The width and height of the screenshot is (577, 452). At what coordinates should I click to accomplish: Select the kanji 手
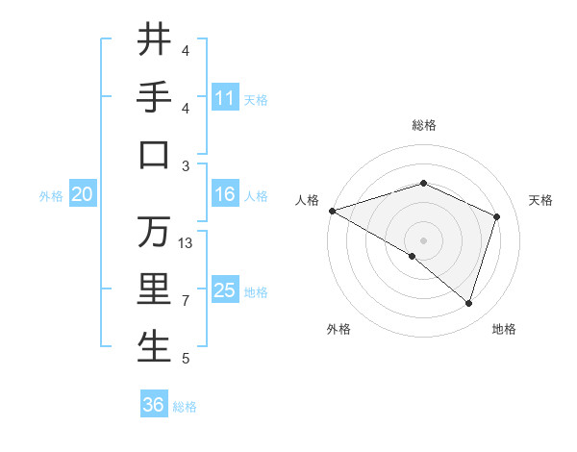[154, 96]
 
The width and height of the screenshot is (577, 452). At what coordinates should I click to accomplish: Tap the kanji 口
[154, 154]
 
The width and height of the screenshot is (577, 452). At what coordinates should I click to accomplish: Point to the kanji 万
[154, 231]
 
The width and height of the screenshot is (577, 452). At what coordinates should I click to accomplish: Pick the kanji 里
[154, 289]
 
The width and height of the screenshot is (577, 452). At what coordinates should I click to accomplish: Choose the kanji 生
[154, 346]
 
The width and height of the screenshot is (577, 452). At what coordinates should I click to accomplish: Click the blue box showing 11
[225, 98]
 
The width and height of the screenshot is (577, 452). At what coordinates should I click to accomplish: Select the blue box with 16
[225, 194]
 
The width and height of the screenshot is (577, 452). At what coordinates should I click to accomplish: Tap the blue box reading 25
[225, 290]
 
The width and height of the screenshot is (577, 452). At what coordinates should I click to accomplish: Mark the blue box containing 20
[82, 194]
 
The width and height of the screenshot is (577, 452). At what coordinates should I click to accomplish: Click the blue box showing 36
[154, 405]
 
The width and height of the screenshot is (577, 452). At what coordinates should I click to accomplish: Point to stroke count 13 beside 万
[187, 243]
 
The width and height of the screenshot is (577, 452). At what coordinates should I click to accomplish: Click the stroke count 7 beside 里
[186, 301]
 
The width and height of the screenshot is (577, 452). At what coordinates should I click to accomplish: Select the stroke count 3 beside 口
[186, 165]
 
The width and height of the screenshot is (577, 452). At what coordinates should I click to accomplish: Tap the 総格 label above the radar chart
[423, 125]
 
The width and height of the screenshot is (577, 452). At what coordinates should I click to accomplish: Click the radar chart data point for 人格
[332, 210]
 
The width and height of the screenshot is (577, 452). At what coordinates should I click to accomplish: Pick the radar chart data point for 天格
[497, 216]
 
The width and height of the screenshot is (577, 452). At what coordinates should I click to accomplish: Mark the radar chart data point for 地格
[468, 303]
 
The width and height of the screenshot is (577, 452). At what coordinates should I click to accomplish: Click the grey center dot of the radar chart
[423, 239]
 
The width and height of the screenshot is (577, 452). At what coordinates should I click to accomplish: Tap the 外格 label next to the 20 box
[51, 196]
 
